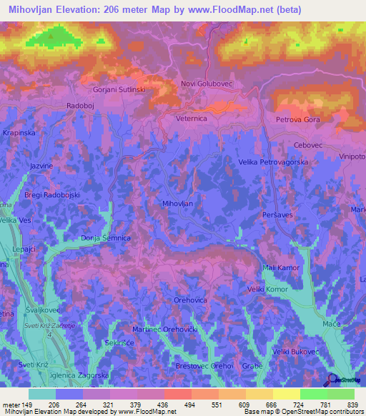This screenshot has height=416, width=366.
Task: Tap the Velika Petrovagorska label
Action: click(x=268, y=163)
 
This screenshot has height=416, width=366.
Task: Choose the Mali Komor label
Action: click(x=281, y=267)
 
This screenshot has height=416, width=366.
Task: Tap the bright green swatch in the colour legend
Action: click(x=313, y=394)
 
